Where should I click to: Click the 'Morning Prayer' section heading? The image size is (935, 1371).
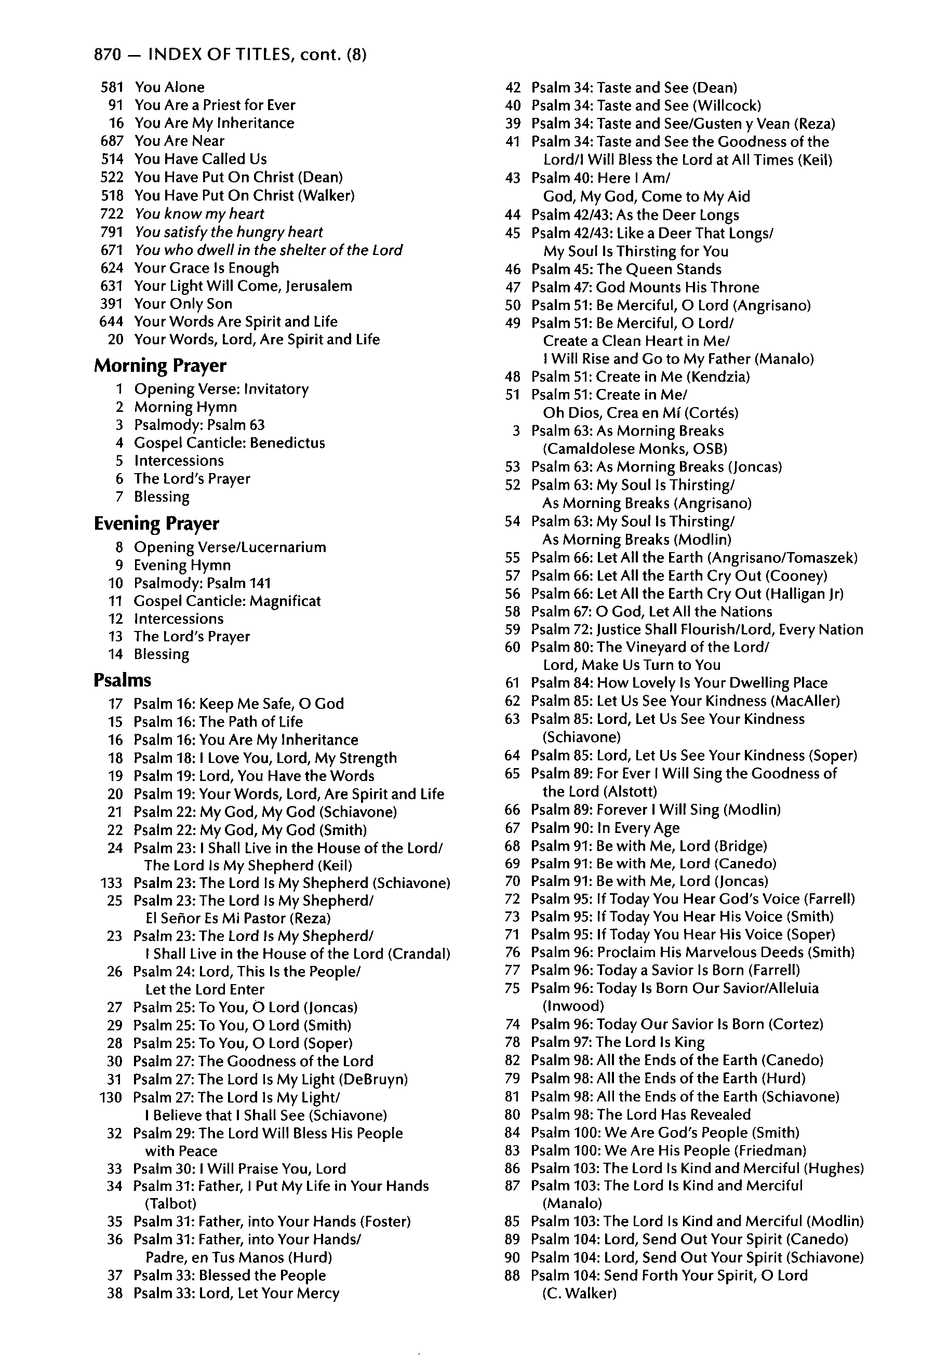(160, 366)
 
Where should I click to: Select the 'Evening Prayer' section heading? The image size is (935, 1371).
(156, 523)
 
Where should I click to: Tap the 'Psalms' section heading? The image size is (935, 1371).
(122, 680)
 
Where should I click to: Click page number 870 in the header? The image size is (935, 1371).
(108, 55)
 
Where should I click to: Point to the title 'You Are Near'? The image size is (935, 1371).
(179, 141)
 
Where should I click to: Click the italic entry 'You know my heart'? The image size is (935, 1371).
(199, 213)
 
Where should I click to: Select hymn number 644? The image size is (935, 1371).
(112, 321)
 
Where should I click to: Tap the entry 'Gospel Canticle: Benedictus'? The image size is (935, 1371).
(230, 443)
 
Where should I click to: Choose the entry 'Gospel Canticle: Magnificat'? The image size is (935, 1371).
(227, 601)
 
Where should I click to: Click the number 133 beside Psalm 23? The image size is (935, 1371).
(112, 883)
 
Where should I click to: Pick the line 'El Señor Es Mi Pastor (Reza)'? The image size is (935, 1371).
(238, 919)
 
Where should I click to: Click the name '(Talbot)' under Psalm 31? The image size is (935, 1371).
(170, 1203)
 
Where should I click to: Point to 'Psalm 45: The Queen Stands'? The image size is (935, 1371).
(626, 270)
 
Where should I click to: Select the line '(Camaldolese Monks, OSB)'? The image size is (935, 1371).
(635, 448)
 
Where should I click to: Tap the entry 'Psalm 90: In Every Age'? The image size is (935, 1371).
(605, 828)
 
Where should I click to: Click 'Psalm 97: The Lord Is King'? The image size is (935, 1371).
(618, 1042)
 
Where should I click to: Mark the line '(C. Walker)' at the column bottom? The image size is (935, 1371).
(579, 1293)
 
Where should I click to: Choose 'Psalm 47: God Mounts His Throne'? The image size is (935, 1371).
(645, 287)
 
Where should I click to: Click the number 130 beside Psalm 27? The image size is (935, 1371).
(111, 1097)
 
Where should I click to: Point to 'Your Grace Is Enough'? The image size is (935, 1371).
(206, 268)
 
